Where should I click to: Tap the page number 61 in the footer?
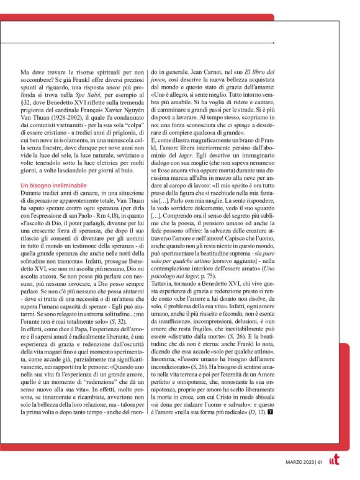320,461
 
